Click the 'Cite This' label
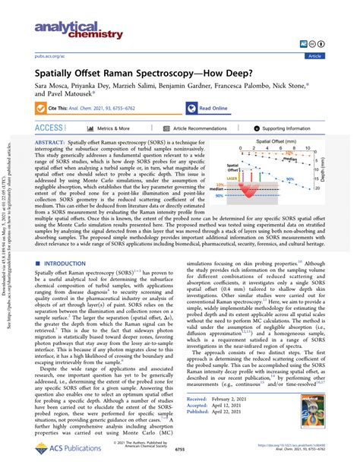[x=59, y=109]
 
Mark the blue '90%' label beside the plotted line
[x=311, y=179]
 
